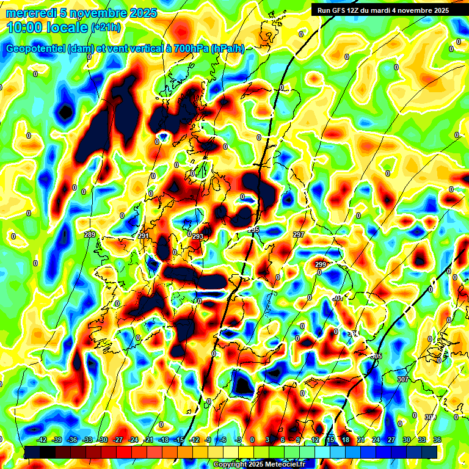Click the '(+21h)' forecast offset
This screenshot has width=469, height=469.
click(x=105, y=27)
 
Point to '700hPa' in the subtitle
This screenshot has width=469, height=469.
click(x=187, y=49)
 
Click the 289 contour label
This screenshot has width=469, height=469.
click(x=90, y=235)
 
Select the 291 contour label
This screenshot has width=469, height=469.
click(x=144, y=236)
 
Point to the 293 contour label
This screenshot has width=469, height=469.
click(x=198, y=236)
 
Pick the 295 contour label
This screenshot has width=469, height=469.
click(x=253, y=230)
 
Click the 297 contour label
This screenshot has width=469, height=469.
click(x=299, y=235)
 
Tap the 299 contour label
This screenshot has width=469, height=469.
click(x=321, y=264)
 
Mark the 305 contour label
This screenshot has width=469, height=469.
click(x=376, y=356)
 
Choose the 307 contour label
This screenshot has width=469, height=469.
click(x=402, y=379)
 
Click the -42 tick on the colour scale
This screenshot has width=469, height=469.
click(x=42, y=440)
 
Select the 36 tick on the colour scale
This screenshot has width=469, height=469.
click(x=437, y=440)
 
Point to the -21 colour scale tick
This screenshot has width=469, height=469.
click(x=148, y=440)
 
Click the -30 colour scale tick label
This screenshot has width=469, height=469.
click(x=103, y=440)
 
